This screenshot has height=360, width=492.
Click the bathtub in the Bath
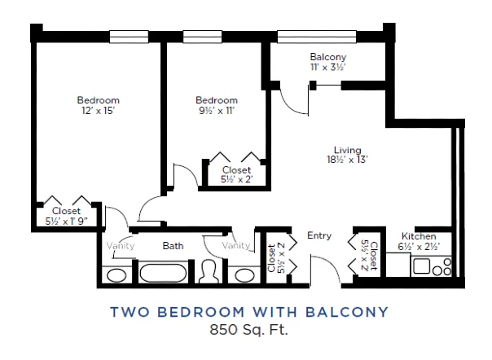point(163,273)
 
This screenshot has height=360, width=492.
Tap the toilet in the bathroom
point(209,271)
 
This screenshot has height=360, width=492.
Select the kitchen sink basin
point(421,266)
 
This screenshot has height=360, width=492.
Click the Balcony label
point(328,57)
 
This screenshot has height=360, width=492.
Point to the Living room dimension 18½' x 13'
point(347,160)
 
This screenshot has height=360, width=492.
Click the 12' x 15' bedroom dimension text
point(99,111)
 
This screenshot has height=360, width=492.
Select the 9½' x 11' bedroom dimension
point(217,111)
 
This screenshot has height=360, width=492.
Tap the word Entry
point(319,235)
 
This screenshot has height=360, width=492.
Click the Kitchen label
point(419,236)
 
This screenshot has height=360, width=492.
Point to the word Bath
point(173,246)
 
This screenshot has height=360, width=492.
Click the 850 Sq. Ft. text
point(248,330)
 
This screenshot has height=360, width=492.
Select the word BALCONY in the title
point(347,312)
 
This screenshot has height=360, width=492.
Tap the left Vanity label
point(121,245)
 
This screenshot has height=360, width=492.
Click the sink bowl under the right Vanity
point(244,275)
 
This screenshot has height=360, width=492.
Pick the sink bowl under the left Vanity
point(116,275)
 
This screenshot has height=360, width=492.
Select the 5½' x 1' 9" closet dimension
point(66,222)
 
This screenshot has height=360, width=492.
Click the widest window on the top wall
point(317,37)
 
